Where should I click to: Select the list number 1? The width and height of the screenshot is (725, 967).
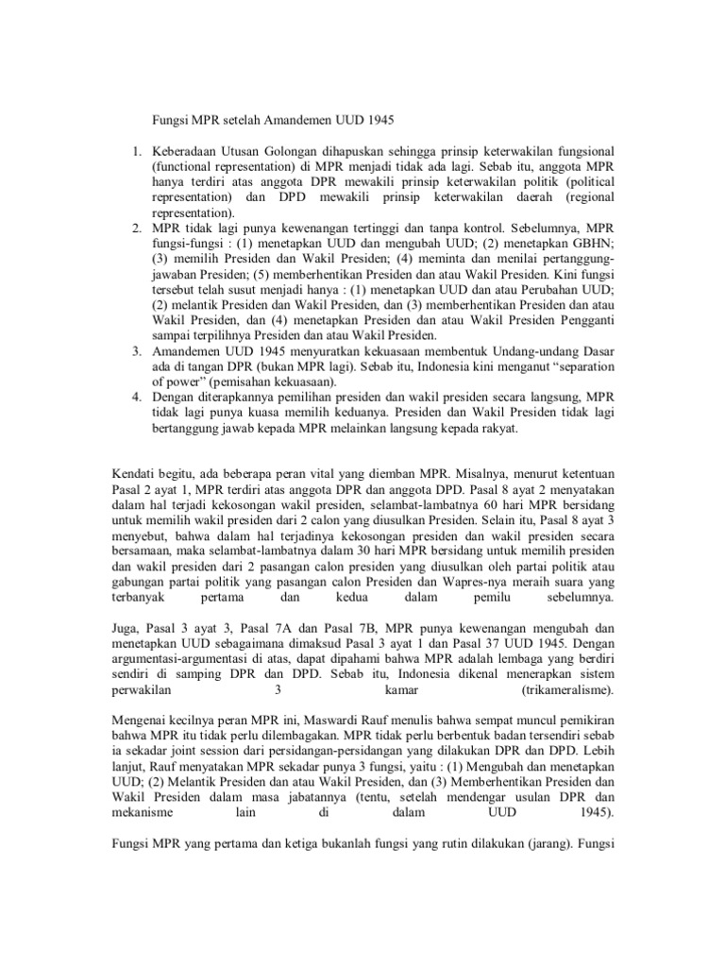tap(136, 150)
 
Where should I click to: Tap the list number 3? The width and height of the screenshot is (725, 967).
tap(136, 349)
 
